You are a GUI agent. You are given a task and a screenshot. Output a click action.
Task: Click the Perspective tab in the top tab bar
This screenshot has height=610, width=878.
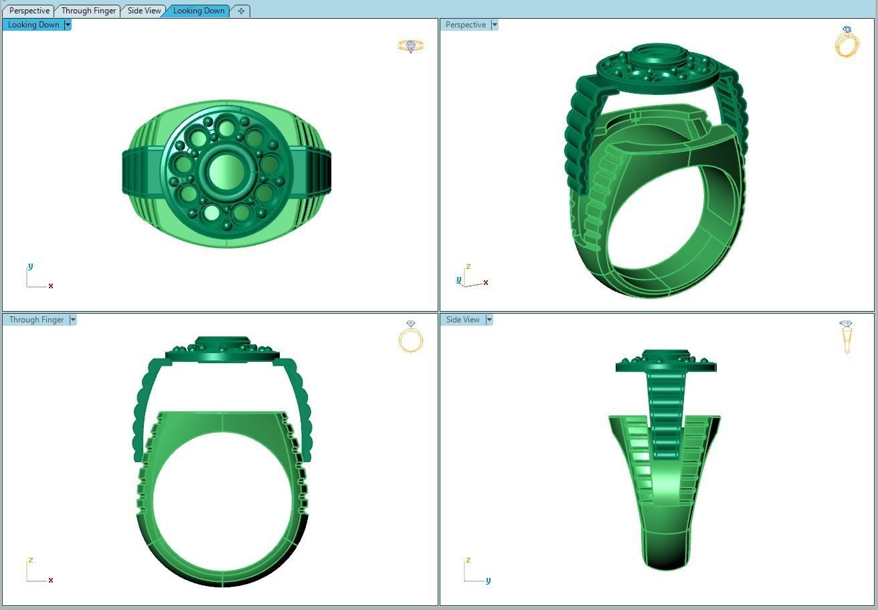coord(29,11)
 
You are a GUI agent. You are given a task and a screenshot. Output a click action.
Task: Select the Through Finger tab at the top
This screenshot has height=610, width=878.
coord(88,11)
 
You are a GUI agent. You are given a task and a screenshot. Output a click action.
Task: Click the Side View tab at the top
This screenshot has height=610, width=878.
coord(145,11)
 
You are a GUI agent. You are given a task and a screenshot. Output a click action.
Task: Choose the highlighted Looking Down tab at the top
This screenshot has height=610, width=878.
coord(199,11)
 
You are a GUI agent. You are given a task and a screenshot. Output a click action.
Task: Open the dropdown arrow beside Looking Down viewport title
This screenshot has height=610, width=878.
coord(68,25)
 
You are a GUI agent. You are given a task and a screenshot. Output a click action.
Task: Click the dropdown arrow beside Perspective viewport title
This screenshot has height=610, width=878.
coord(495,25)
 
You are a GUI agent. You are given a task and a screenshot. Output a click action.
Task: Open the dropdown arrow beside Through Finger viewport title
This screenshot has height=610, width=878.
coord(73,320)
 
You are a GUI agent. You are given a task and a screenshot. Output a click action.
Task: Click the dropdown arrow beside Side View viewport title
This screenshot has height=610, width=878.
coord(489,320)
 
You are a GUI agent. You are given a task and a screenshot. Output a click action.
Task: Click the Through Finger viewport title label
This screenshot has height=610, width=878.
coord(36,320)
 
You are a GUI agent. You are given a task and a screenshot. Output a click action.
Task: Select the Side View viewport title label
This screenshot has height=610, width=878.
coord(463,320)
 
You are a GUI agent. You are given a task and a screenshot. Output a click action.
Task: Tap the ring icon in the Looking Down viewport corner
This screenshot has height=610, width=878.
coord(410,46)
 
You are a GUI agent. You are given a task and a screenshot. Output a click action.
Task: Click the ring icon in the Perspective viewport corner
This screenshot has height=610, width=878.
coord(847,42)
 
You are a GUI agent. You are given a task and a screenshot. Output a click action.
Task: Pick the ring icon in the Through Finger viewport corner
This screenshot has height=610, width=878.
coord(410,336)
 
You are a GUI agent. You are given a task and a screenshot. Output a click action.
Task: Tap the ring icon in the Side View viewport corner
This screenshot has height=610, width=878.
coord(846,336)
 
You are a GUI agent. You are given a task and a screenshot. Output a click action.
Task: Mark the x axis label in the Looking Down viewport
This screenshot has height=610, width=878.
coord(51,286)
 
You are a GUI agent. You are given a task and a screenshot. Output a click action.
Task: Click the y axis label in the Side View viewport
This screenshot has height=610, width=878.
coord(488,581)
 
